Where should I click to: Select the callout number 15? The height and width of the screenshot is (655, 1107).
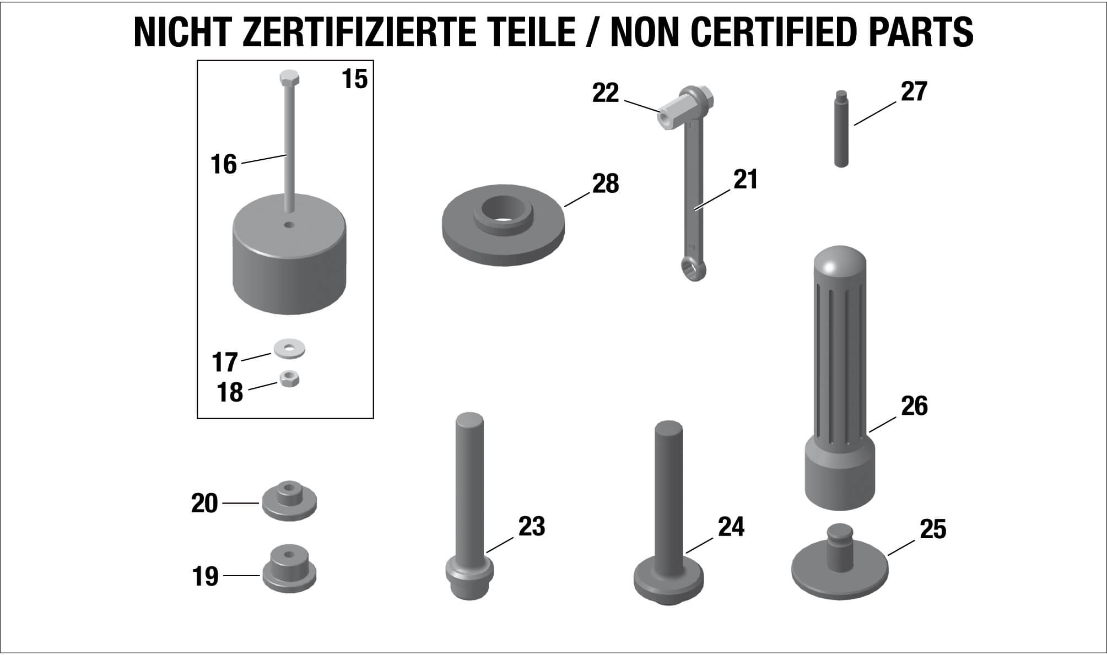pyautogui.click(x=354, y=79)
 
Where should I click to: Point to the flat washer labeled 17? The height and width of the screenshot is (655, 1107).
pyautogui.click(x=289, y=349)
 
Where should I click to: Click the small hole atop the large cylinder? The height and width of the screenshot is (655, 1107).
pyautogui.click(x=289, y=224)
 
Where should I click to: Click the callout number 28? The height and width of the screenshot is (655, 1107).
pyautogui.click(x=606, y=183)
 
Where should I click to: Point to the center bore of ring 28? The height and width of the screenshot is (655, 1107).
pyautogui.click(x=503, y=212)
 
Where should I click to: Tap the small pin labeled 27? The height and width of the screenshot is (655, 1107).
pyautogui.click(x=841, y=128)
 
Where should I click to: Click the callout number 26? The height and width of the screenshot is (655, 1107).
pyautogui.click(x=914, y=406)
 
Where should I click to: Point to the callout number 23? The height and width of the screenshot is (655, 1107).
pyautogui.click(x=531, y=527)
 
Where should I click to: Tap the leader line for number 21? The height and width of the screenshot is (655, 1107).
pyautogui.click(x=714, y=199)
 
